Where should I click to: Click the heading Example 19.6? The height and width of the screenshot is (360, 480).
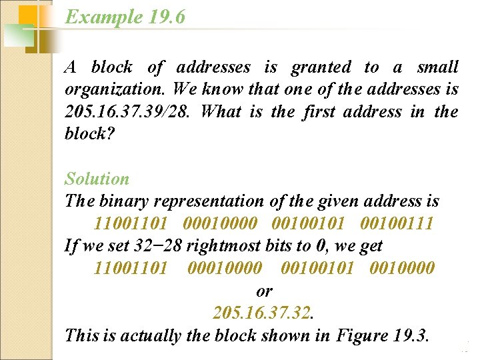(125, 17)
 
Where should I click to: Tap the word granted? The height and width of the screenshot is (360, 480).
(320, 67)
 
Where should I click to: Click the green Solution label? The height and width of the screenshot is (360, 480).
(97, 179)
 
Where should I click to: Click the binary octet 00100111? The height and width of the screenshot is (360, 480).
(397, 223)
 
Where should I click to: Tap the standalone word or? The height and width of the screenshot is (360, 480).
(264, 291)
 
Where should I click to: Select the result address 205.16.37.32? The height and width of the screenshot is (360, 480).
(263, 313)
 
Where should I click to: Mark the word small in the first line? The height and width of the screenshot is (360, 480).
(437, 67)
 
